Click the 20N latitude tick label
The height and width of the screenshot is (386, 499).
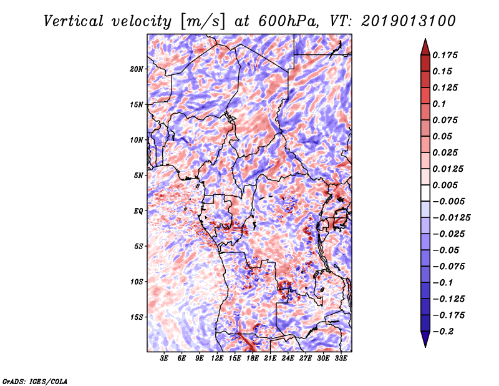136,69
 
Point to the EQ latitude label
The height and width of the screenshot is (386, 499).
138,211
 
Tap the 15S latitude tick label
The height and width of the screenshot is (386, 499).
136,317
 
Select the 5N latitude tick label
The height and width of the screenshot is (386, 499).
138,176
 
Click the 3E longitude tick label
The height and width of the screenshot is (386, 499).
164,359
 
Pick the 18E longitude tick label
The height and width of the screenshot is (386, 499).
253,359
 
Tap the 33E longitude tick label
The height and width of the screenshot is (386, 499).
341,359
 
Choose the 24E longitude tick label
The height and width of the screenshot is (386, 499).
288,359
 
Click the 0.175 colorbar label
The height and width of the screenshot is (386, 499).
445,55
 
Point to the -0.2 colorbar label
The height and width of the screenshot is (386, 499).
443,332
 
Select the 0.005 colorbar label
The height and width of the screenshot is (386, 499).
445,185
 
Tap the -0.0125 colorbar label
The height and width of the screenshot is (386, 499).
451,218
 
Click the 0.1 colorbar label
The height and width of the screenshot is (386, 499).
439,104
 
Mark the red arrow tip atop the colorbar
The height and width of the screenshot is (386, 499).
425,39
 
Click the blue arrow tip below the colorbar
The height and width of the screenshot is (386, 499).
425,347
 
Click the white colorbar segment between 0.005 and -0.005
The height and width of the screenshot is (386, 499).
425,193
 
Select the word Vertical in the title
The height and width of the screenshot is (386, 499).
74,21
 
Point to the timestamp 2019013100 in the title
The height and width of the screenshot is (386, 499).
409,21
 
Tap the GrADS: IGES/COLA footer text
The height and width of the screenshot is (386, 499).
35,382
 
